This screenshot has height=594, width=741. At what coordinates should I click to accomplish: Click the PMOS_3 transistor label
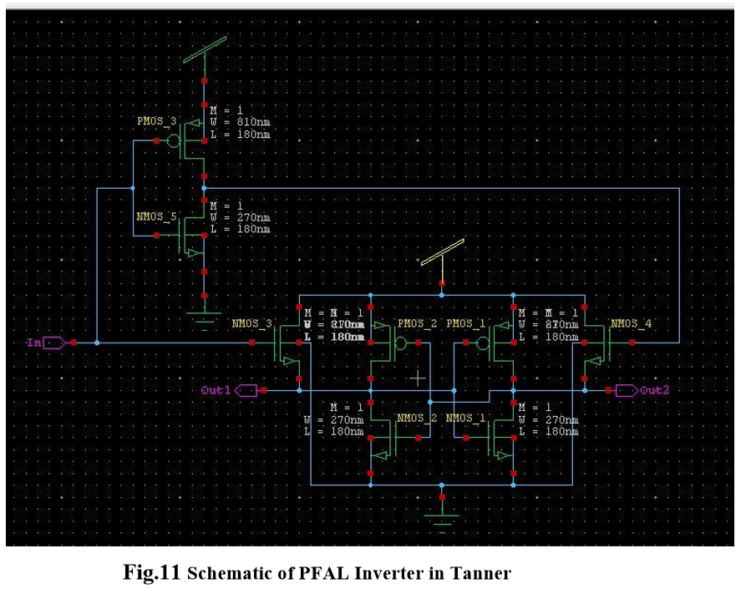[x=156, y=121]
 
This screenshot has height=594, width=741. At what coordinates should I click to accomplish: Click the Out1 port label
[x=216, y=390]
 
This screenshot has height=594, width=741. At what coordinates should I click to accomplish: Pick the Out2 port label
[x=654, y=390]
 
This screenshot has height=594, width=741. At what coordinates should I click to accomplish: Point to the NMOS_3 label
[x=251, y=323]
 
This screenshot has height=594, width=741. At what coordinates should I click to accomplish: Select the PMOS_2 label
[x=418, y=323]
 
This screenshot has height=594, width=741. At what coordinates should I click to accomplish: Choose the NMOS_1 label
[x=466, y=418]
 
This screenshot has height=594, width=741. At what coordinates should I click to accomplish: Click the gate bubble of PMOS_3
[x=174, y=141]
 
